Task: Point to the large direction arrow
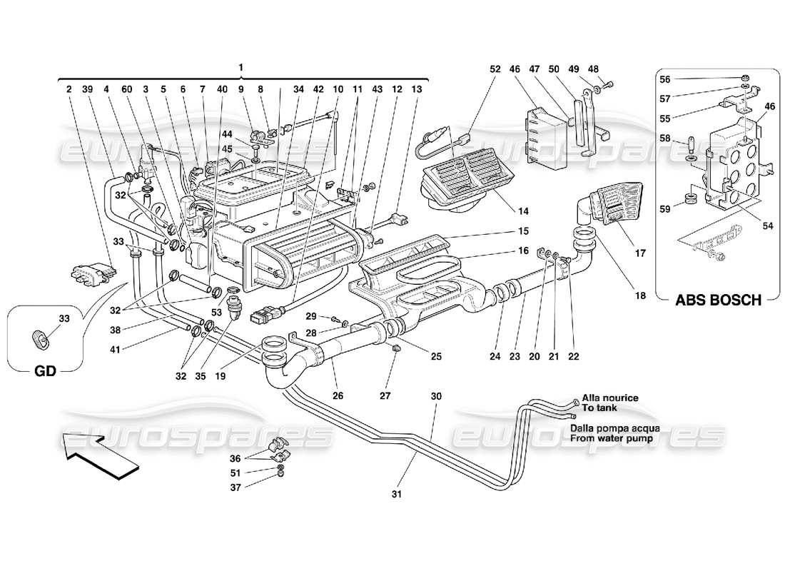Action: (x=100, y=455)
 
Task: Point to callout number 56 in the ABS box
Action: (x=665, y=79)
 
